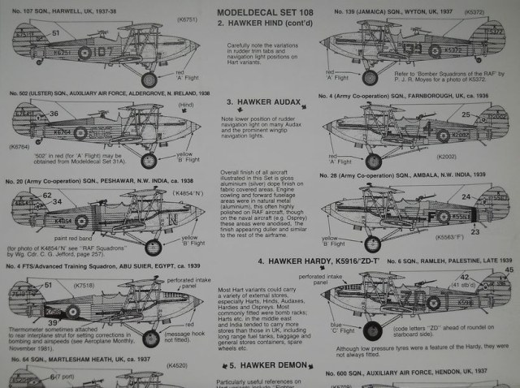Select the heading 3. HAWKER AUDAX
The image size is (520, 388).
(x=258, y=102)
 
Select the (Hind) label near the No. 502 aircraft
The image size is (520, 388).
(x=186, y=106)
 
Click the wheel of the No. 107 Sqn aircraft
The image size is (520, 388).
(x=149, y=80)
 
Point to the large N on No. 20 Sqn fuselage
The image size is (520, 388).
(x=173, y=219)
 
